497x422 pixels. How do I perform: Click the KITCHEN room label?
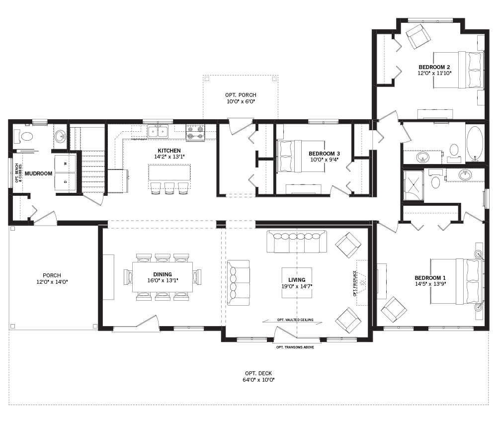tap(169, 151)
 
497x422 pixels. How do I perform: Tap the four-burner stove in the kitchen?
tap(195, 133)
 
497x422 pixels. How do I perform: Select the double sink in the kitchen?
tap(158, 132)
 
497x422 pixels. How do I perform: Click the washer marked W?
tap(65, 163)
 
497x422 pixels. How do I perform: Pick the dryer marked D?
tap(65, 182)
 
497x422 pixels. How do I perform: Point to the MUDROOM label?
tap(39, 173)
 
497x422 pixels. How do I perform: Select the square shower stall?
tap(413, 185)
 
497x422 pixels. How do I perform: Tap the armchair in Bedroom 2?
tap(418, 36)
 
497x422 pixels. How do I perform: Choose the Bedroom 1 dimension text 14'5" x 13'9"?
tap(430, 285)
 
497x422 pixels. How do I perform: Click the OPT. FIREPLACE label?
tap(355, 283)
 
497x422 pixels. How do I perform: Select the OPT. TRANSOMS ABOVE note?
tap(295, 347)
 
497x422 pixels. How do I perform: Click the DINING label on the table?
tap(163, 274)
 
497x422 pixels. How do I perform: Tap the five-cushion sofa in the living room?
tap(297, 242)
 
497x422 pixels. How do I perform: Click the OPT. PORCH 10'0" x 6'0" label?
tap(241, 98)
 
